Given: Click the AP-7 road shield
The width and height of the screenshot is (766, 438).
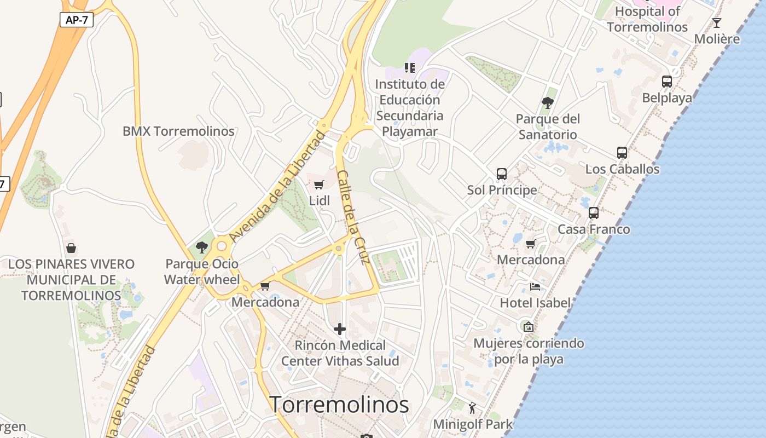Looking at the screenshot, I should click(77, 20).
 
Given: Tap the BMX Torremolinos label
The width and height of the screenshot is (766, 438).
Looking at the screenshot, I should click(178, 131).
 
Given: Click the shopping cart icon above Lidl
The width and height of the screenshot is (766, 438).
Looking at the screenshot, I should click(319, 185).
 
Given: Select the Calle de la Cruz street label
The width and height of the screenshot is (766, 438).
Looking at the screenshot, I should click(354, 217).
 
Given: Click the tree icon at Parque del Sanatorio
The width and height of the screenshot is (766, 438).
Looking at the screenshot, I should click(547, 102).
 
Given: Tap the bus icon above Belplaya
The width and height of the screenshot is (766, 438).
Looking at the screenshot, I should click(667, 82).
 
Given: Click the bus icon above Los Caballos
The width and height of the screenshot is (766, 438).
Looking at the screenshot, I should click(622, 153).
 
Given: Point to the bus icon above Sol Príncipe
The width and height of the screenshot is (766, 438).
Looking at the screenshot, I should click(502, 174).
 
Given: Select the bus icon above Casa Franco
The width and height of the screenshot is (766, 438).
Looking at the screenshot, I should click(594, 213).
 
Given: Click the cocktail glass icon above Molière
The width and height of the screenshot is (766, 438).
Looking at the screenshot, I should click(717, 23).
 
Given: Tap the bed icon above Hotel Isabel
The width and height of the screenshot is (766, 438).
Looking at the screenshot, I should click(535, 286).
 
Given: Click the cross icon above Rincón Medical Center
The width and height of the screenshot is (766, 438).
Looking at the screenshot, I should click(340, 329).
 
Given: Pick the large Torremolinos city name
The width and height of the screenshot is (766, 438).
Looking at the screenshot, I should click(339, 405).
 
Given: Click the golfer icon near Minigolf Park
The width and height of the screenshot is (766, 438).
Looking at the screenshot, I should click(473, 408).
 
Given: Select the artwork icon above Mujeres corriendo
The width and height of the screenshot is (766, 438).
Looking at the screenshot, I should click(529, 327).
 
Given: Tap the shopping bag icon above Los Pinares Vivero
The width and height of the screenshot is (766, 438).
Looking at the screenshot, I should click(71, 248).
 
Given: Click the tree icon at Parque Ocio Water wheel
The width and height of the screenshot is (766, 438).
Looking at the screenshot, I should click(202, 247).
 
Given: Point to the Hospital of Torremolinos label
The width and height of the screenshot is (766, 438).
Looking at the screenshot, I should click(647, 19).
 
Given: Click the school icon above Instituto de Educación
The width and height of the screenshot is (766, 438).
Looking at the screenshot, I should click(410, 68).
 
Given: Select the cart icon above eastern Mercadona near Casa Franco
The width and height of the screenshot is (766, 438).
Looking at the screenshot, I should click(530, 244).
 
